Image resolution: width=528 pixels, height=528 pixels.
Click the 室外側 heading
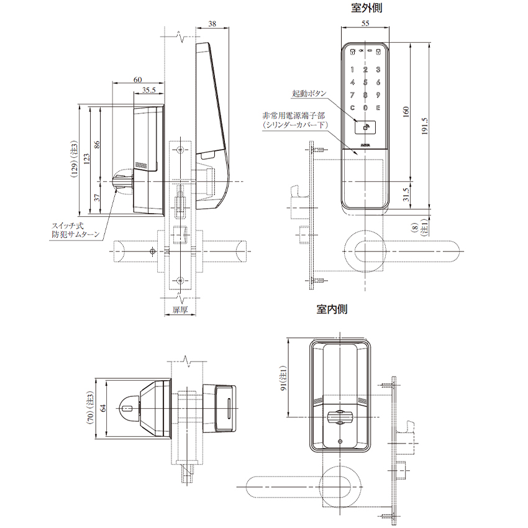(366, 8)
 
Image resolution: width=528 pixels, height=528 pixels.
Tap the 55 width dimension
(365, 23)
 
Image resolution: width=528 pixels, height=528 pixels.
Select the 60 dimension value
(137, 79)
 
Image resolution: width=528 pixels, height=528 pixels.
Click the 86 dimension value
(96, 143)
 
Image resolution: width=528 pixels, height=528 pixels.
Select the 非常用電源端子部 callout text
(294, 116)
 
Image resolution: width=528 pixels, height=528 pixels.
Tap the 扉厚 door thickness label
(180, 309)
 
